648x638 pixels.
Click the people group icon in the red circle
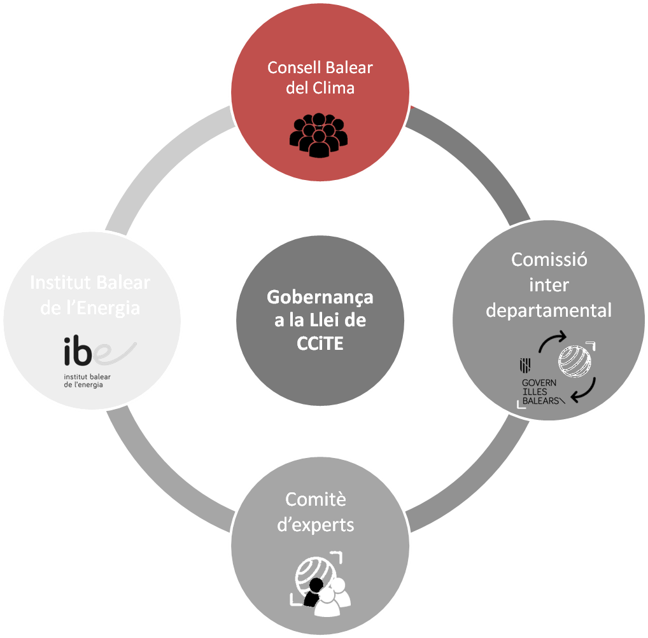click(x=316, y=134)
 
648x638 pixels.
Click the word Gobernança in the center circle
click(x=320, y=297)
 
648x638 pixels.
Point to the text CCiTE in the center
click(x=320, y=344)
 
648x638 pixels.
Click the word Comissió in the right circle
click(x=549, y=260)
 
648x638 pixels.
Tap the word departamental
click(x=549, y=310)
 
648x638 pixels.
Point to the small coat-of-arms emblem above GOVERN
click(x=526, y=365)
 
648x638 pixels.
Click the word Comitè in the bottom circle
click(x=316, y=499)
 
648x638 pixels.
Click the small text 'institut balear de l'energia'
click(x=87, y=380)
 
